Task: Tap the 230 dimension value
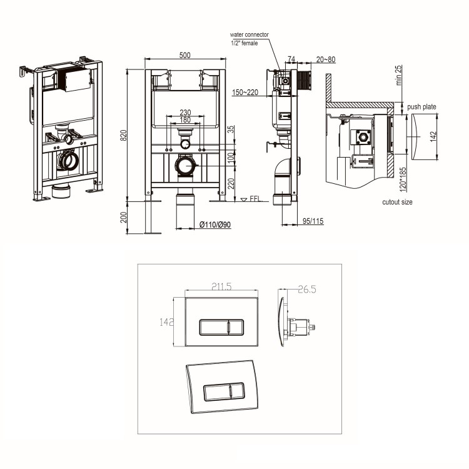[184, 113]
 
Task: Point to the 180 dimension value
[184, 120]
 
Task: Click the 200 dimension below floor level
[124, 216]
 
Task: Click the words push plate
[421, 107]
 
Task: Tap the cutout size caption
[397, 202]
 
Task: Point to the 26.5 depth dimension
[306, 289]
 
